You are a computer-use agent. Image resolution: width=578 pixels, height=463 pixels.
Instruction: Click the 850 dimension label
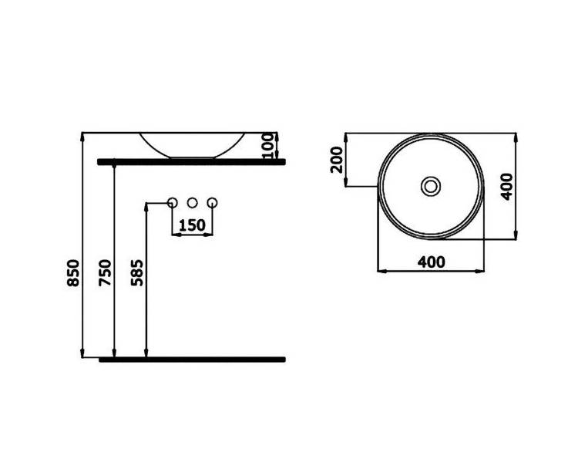(x=73, y=273)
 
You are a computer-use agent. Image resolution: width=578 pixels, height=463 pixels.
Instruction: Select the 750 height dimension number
(x=106, y=273)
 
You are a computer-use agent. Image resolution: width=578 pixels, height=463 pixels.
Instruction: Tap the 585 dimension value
(x=137, y=273)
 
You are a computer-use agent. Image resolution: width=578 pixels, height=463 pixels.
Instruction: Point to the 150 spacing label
(x=192, y=225)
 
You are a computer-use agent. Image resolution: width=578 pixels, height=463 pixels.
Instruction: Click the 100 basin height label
(x=269, y=146)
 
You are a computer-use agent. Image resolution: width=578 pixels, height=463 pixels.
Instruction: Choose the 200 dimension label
(x=337, y=160)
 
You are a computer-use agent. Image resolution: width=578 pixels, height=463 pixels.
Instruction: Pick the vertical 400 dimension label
(x=507, y=187)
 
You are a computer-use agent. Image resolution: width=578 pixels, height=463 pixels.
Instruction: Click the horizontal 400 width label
(x=432, y=262)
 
